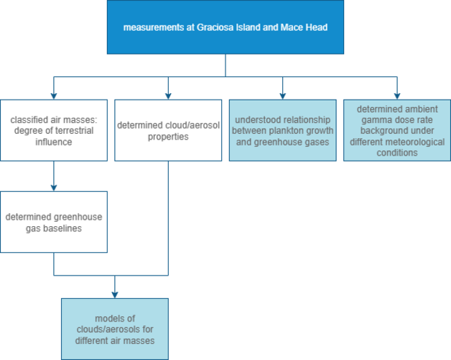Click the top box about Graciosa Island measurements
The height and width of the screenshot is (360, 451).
[x=225, y=27]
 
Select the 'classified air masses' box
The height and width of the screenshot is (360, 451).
[x=54, y=130]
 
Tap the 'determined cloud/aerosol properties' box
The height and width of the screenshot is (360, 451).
[x=168, y=130]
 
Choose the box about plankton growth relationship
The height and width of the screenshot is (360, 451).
[x=282, y=130]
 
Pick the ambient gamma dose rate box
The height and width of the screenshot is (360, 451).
[x=397, y=130]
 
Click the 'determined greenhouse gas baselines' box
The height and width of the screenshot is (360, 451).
[x=54, y=222]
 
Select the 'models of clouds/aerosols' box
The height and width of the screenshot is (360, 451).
[x=115, y=329]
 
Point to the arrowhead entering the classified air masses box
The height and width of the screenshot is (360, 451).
[x=54, y=95]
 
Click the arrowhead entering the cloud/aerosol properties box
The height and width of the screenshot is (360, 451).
[x=168, y=95]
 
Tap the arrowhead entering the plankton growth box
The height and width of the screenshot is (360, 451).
[x=282, y=95]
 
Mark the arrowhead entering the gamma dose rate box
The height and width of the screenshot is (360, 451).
[x=397, y=95]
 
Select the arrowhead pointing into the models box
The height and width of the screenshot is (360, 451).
[x=115, y=294]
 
